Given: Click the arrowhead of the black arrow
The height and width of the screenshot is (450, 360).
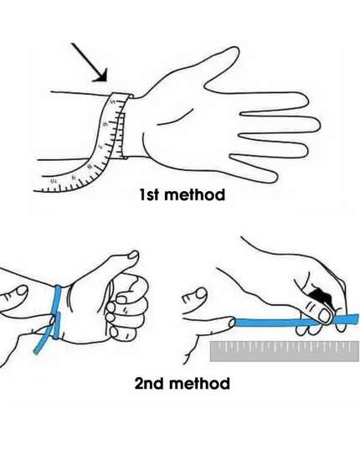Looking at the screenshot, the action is [101, 76].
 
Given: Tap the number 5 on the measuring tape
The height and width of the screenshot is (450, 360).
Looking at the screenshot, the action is [113, 102].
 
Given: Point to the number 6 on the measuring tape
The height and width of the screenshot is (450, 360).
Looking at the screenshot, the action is [105, 125].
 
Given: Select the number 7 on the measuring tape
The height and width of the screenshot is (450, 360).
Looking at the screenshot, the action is [100, 147].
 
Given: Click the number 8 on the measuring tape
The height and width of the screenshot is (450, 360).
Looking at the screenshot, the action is [90, 167].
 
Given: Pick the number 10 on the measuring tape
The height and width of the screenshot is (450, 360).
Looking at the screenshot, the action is [53, 182].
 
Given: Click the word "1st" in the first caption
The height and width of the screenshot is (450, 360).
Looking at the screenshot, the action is [149, 194].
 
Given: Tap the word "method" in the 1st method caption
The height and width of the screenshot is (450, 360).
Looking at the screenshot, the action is [195, 194].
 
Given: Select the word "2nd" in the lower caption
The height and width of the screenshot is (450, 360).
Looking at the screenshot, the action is [150, 383].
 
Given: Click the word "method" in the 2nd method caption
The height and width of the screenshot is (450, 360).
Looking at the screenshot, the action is [200, 383].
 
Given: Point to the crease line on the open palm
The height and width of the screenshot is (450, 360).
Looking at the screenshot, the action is [173, 118].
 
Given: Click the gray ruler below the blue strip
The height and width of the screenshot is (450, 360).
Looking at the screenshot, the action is [285, 351].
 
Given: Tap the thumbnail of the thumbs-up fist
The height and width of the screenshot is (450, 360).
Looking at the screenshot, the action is [133, 255].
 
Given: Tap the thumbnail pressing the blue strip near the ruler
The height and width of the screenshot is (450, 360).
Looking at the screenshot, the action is [325, 316].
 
